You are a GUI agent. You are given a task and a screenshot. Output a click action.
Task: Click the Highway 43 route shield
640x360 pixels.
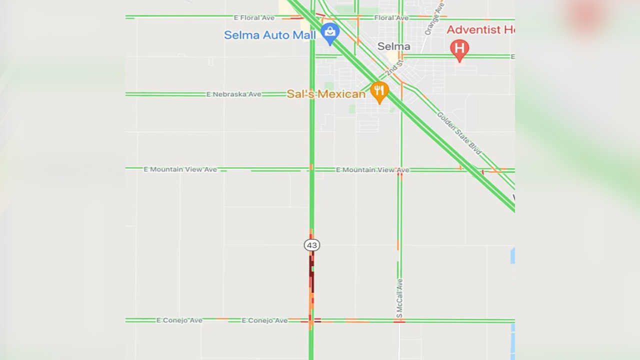(x=311, y=245)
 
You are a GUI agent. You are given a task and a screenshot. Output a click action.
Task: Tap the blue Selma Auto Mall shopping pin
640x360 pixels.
(x=330, y=32)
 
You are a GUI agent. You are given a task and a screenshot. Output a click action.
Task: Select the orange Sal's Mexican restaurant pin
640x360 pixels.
(x=379, y=91)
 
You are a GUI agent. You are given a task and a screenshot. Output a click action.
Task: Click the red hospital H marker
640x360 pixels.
(x=459, y=49)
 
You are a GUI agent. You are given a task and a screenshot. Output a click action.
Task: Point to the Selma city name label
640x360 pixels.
(x=393, y=46)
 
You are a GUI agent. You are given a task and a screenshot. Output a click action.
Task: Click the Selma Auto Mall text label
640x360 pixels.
(x=270, y=35)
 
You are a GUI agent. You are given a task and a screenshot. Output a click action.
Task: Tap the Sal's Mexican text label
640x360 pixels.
(x=326, y=94)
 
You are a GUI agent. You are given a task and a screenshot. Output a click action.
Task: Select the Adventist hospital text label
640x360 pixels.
(x=480, y=29)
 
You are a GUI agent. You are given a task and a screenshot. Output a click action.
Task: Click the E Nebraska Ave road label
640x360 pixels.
(x=234, y=94)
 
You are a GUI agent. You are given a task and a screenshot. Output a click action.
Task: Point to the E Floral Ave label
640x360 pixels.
(x=254, y=18)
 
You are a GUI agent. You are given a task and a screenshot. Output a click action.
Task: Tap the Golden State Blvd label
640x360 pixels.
(x=459, y=133)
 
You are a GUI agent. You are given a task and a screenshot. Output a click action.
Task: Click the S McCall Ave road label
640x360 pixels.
(x=400, y=298)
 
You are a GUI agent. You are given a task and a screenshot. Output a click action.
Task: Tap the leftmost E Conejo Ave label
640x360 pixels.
(x=179, y=320)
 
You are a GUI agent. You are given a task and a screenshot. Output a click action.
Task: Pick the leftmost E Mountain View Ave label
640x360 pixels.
(x=180, y=169)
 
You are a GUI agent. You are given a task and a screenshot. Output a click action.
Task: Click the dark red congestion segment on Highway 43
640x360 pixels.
(x=311, y=272)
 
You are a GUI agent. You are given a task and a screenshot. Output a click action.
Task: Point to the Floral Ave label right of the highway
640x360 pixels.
(x=391, y=18)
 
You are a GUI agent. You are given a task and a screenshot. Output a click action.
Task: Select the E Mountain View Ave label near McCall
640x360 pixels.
(x=372, y=170)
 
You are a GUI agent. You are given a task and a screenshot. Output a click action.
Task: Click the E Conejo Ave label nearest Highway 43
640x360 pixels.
(x=264, y=320)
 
